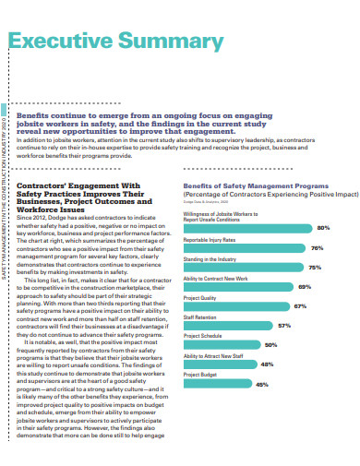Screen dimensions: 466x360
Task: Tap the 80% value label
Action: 323,227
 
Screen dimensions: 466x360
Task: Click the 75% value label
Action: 314,268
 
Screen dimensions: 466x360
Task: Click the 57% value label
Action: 284,326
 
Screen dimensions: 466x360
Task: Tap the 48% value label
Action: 267,364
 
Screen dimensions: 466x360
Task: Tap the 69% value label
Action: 305,287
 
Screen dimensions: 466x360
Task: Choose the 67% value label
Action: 300,306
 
